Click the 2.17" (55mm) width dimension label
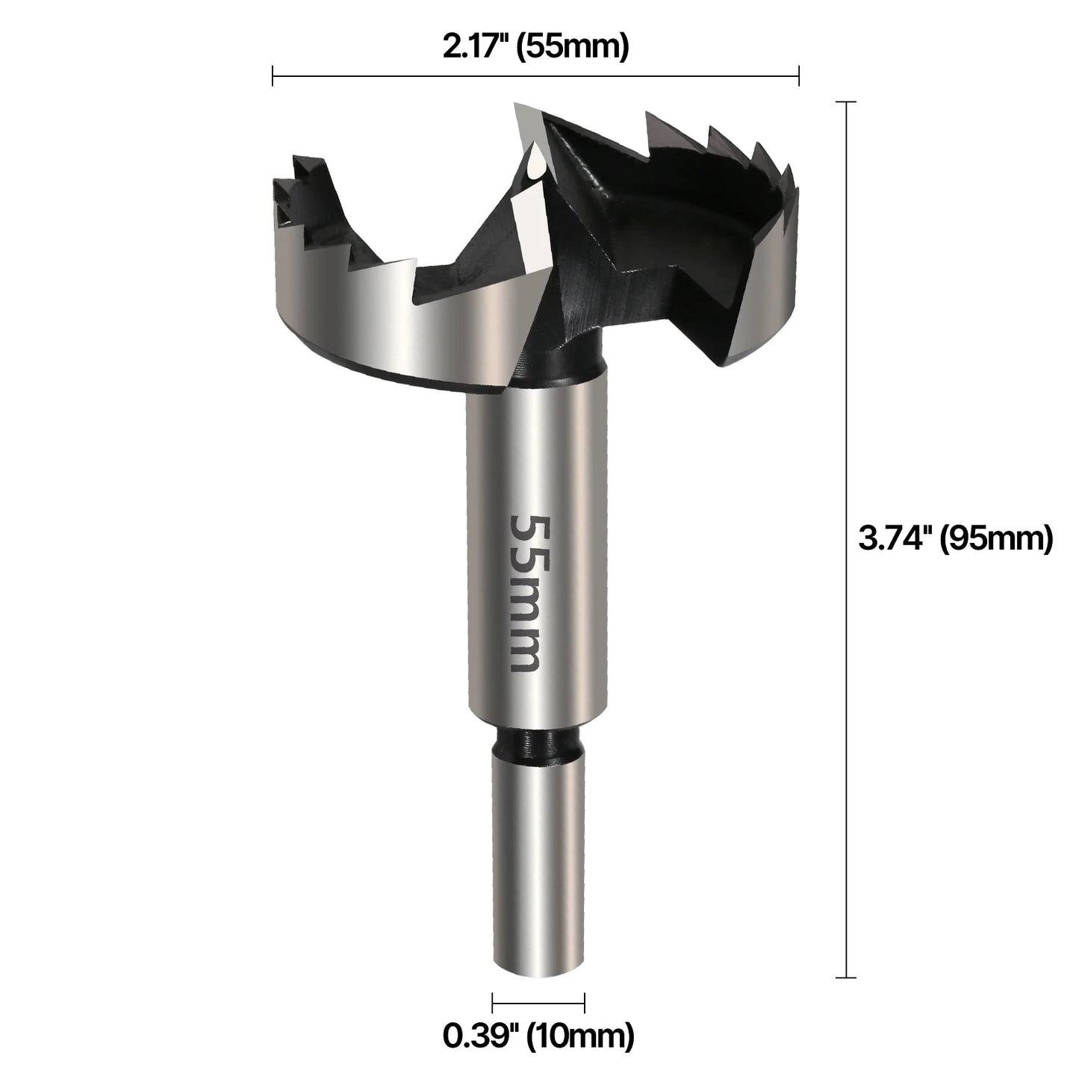[x=535, y=46]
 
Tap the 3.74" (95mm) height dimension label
[x=955, y=538]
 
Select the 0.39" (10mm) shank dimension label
[x=538, y=1035]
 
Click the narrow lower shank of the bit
[x=538, y=859]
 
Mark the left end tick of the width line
[x=273, y=75]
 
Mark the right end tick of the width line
[x=799, y=75]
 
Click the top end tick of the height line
[x=845, y=102]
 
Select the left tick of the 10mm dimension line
[x=493, y=1003]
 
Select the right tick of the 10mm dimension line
[x=584, y=1003]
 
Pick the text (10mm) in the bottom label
[x=580, y=1035]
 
